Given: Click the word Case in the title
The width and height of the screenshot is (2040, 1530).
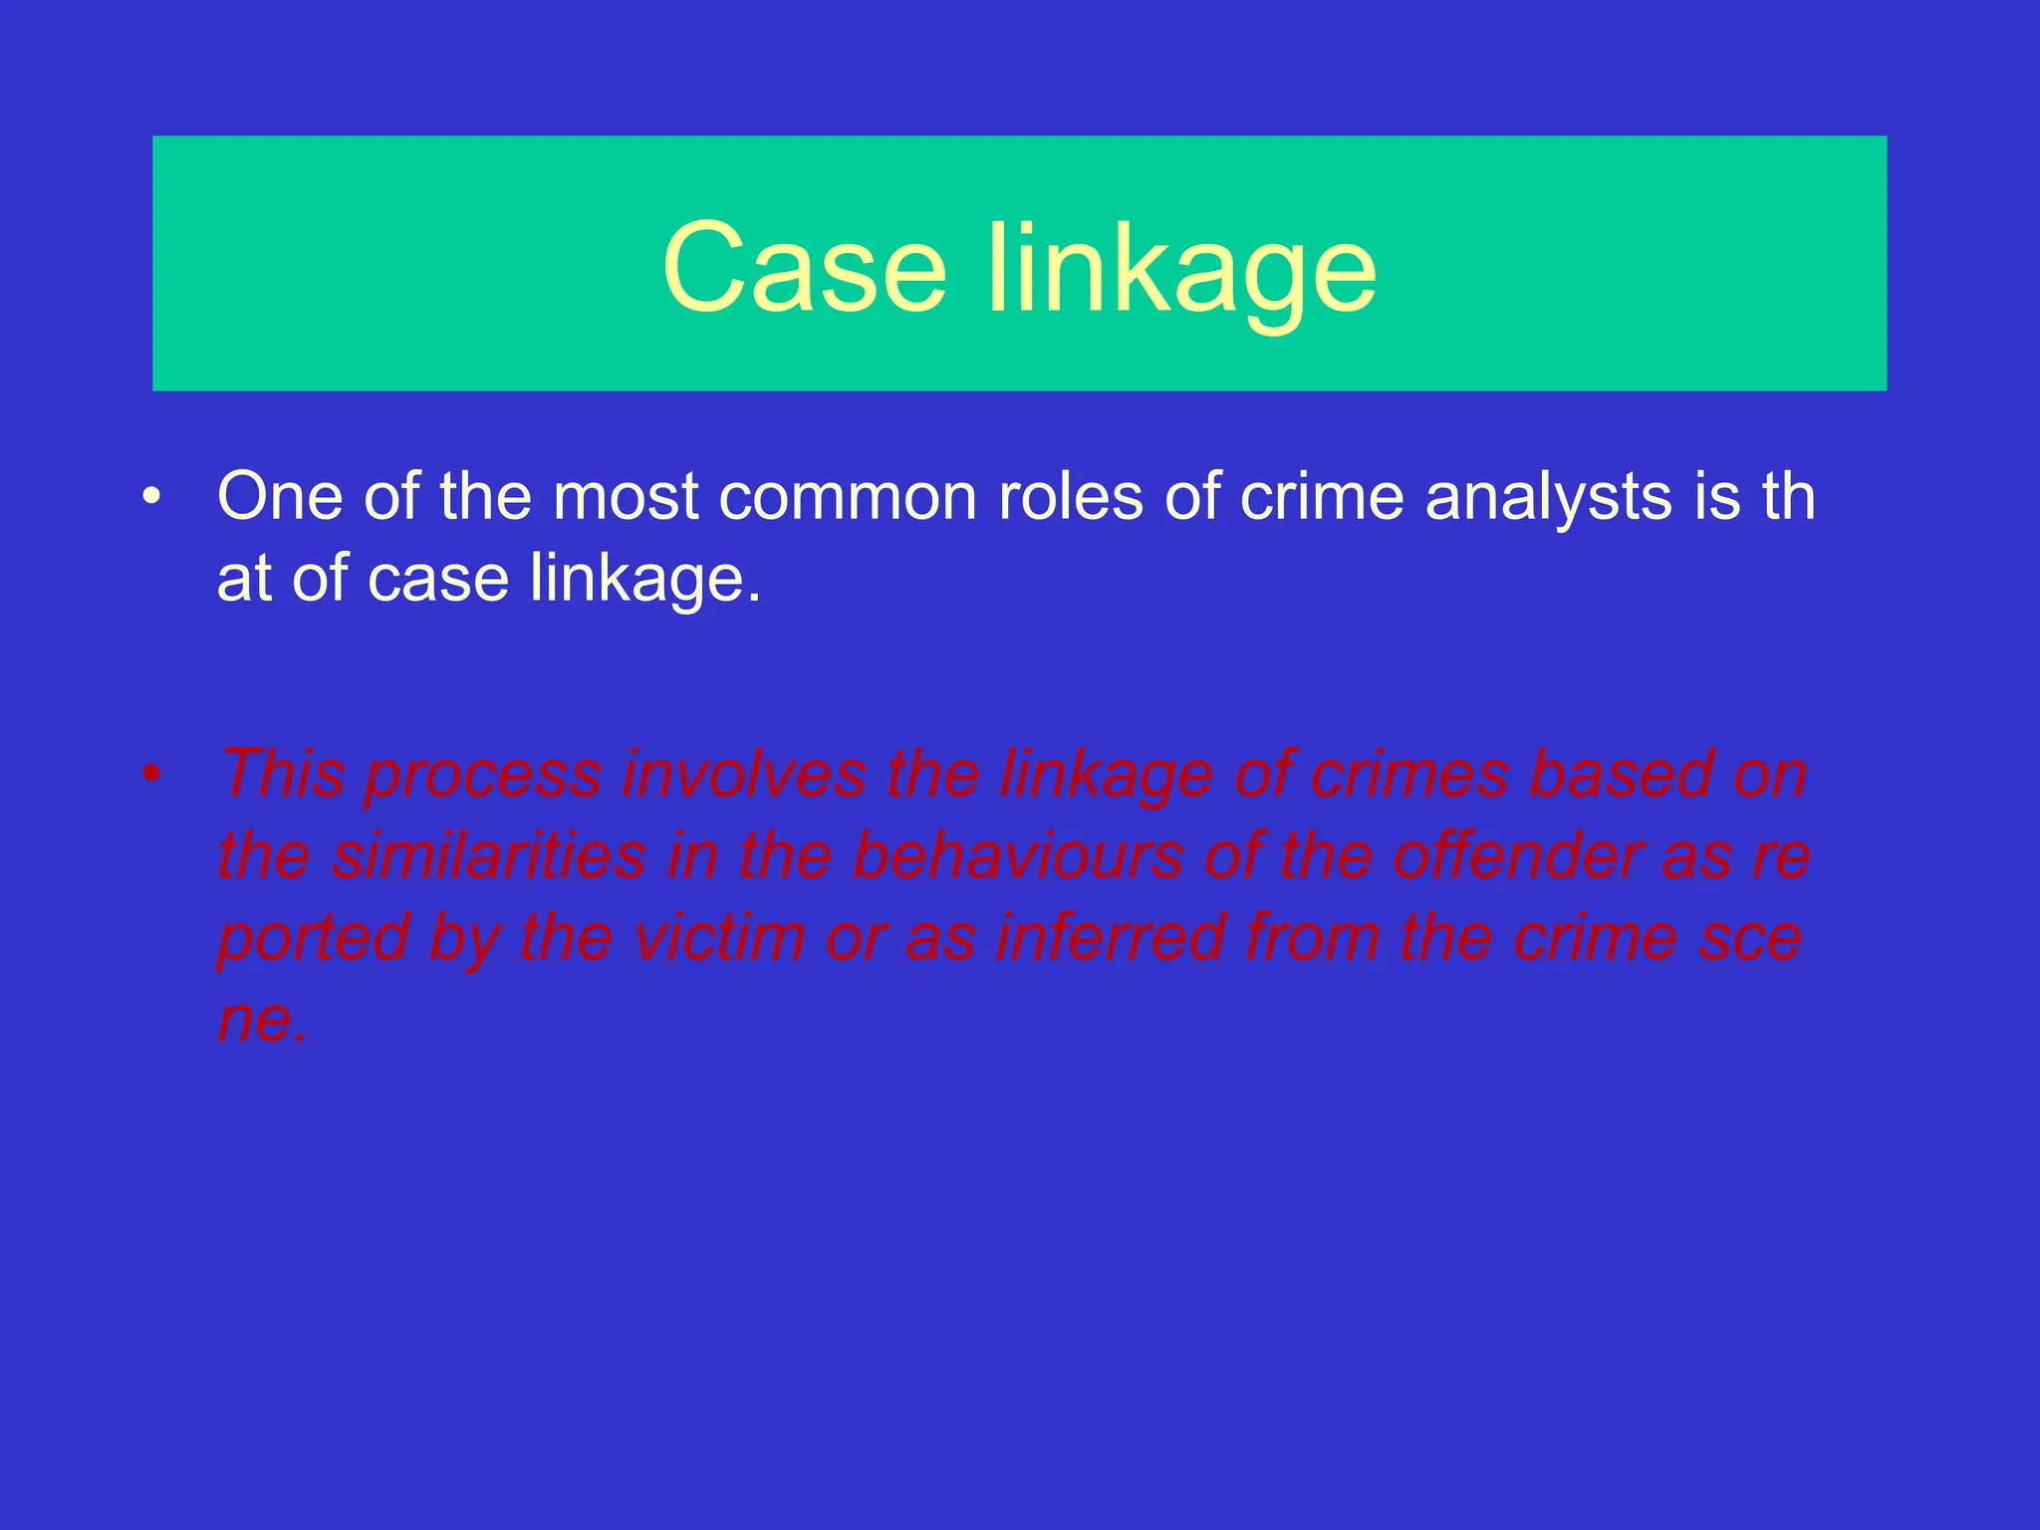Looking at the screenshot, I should pyautogui.click(x=803, y=267).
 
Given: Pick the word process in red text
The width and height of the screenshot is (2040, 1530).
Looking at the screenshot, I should pyautogui.click(x=483, y=775).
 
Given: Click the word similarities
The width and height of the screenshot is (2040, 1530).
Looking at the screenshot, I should pyautogui.click(x=488, y=856).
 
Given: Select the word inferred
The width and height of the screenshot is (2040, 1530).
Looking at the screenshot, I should pyautogui.click(x=1110, y=937).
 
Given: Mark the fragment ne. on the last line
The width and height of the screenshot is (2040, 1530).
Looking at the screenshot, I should pyautogui.click(x=262, y=1019).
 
